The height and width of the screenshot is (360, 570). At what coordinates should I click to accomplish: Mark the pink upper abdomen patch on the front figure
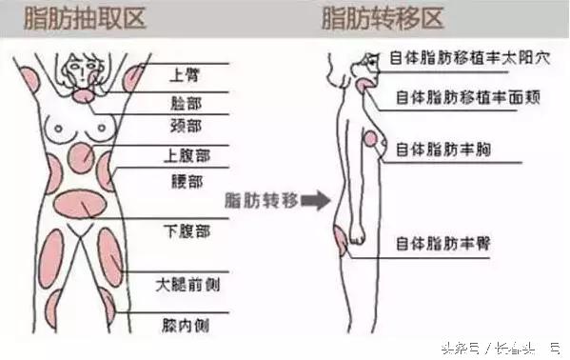[80, 157]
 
